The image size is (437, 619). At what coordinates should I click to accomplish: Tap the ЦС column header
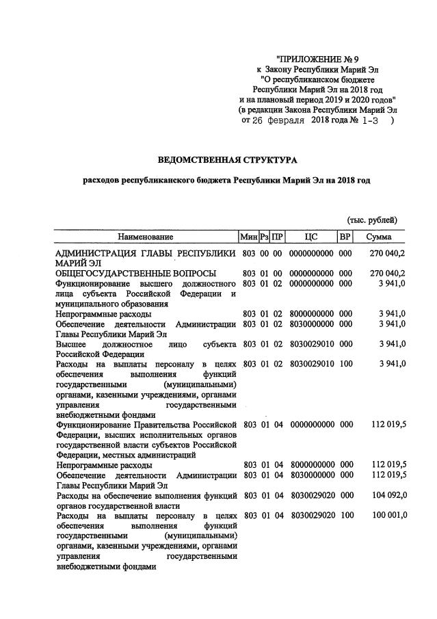click(311, 237)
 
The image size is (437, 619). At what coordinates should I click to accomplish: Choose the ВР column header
click(345, 237)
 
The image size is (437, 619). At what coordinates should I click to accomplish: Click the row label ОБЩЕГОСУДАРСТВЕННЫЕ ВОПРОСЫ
click(126, 274)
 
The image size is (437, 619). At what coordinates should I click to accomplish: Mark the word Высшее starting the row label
click(71, 343)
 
